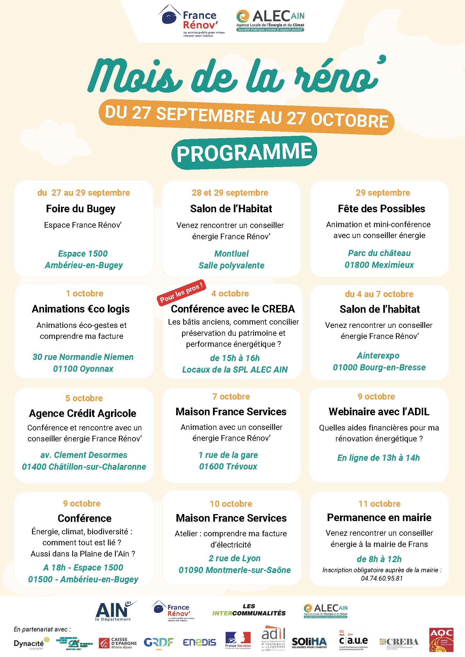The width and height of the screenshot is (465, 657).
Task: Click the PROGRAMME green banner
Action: coord(244,152)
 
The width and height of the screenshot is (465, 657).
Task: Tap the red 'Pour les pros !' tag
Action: coord(182,292)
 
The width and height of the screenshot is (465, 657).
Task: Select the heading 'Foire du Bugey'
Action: coord(81,209)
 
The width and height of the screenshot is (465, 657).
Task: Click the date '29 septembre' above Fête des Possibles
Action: coord(383,193)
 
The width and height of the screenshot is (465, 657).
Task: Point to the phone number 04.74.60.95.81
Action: coord(382,578)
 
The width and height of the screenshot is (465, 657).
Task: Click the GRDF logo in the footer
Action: coord(159,642)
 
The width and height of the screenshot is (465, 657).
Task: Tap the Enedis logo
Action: coord(199,642)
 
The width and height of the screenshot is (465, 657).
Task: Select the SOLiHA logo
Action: coord(309,643)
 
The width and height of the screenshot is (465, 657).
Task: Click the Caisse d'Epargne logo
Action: coord(118,643)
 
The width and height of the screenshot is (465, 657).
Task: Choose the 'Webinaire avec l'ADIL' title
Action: coord(379,412)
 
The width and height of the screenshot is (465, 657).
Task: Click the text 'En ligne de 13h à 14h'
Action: coord(378,458)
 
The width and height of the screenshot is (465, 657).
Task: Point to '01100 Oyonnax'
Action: coord(83,369)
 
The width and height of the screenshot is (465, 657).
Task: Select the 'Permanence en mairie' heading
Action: coord(379,517)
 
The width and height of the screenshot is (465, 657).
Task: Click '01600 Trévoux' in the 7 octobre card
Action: coord(228,466)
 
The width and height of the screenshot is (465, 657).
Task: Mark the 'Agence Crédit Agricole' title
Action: coord(83,413)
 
